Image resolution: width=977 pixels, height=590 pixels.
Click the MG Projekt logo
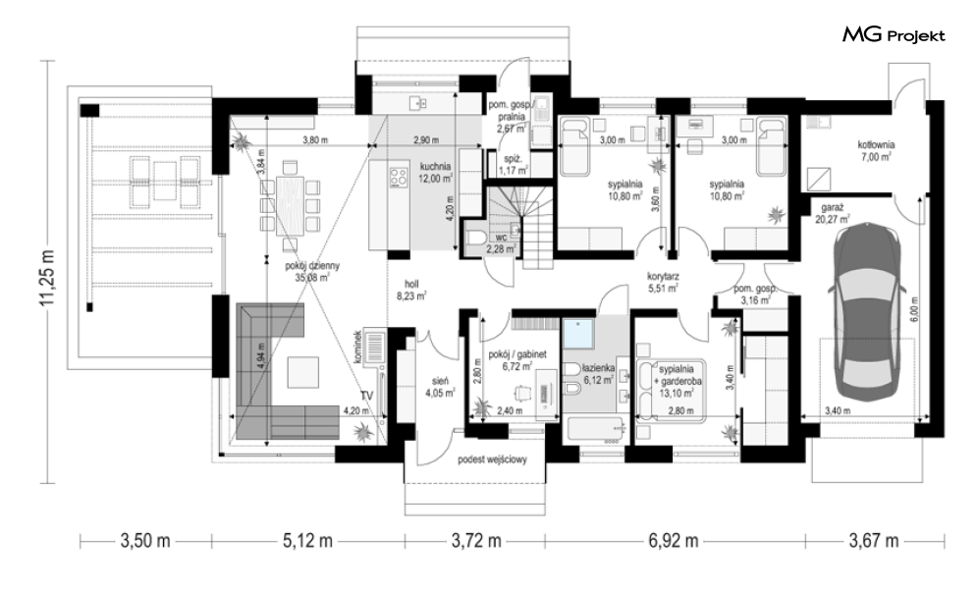pos(894,35)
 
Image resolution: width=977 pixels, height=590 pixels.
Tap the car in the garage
pos(867,317)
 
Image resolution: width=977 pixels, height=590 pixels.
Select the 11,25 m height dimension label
pos(48,278)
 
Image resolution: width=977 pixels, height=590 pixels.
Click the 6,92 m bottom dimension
pos(674,540)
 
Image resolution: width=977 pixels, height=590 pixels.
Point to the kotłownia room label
pos(875,151)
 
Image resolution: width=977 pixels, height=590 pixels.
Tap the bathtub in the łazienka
pos(596,431)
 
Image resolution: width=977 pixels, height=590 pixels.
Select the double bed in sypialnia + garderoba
pos(671,391)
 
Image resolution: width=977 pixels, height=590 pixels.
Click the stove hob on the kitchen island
pos(397,177)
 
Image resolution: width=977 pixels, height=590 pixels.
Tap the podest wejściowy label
pos(492,459)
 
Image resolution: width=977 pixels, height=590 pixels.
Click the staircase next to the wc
pos(520,227)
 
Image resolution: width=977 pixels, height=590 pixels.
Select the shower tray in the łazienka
pos(579,334)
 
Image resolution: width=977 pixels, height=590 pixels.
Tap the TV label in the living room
pos(367,396)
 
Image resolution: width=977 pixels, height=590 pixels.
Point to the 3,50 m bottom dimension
pos(145,540)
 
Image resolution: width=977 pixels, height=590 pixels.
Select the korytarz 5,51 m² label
pos(663,282)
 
